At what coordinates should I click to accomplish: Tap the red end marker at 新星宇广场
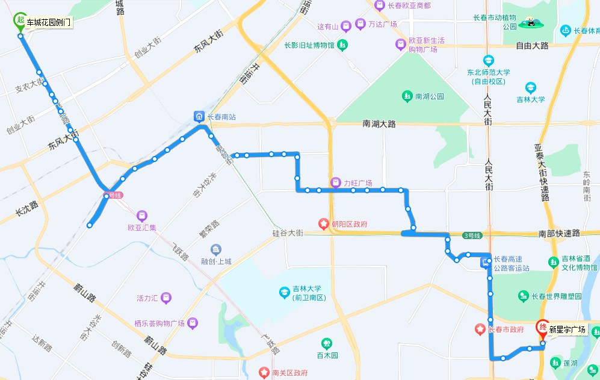click(542, 328)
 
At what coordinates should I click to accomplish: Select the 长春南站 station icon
click(199, 116)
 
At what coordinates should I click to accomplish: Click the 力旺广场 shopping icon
click(335, 182)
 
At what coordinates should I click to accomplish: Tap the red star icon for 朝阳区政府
click(324, 225)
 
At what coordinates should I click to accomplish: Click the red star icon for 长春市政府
click(480, 329)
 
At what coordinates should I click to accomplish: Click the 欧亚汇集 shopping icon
click(141, 216)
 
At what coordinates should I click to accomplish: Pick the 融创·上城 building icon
click(216, 249)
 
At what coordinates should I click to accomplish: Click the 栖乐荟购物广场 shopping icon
click(192, 323)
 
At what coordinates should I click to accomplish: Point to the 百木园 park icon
click(326, 344)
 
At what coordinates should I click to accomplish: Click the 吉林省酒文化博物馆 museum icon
click(553, 262)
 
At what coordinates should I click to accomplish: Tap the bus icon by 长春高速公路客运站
click(484, 263)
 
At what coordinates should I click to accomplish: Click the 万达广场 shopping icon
click(360, 24)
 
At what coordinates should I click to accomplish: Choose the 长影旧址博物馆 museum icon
click(342, 45)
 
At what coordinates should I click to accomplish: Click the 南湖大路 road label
click(379, 124)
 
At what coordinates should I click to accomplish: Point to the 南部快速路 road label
click(558, 233)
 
